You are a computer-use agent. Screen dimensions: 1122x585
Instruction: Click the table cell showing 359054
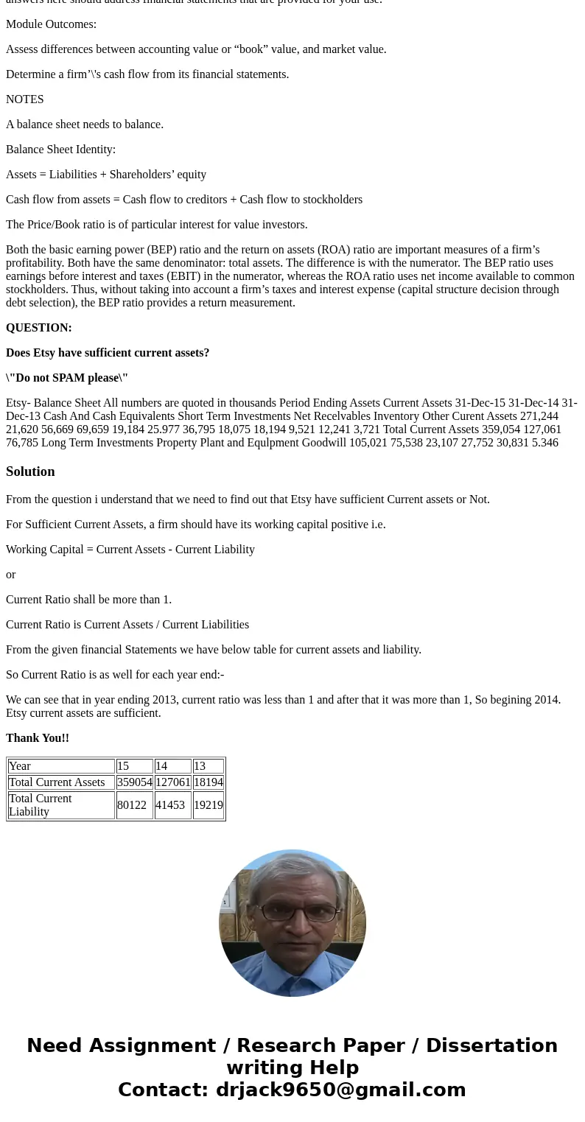[x=134, y=782]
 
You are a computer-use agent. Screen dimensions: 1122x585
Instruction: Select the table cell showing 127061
[x=172, y=782]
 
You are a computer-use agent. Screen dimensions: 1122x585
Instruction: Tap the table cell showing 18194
[x=209, y=782]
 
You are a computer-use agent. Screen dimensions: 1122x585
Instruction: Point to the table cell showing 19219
[x=209, y=805]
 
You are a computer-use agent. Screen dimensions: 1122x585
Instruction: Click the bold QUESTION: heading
[x=39, y=328]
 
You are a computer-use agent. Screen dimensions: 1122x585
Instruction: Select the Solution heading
[x=30, y=471]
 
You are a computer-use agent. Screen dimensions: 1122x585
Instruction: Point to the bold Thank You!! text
[x=38, y=738]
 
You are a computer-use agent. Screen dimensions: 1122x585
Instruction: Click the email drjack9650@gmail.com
[x=340, y=1090]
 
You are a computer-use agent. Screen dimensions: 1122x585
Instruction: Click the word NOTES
[x=25, y=99]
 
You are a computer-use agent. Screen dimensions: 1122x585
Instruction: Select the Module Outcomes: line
[x=51, y=24]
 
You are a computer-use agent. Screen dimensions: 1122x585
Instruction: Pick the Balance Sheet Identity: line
[x=60, y=150]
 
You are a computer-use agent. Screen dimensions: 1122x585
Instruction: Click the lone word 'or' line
[x=10, y=575]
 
